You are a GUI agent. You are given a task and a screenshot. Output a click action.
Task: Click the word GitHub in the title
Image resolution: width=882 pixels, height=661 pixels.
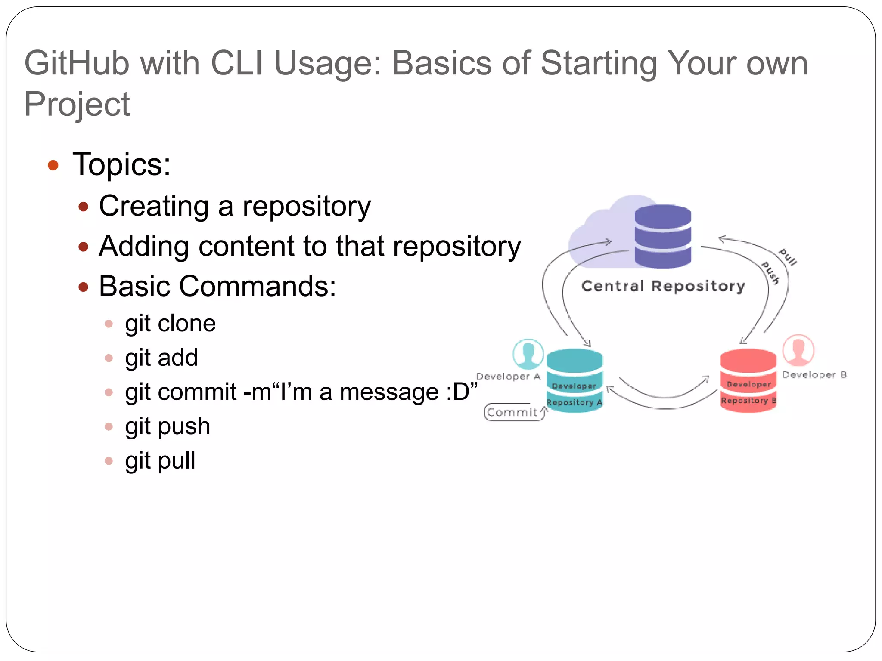point(77,64)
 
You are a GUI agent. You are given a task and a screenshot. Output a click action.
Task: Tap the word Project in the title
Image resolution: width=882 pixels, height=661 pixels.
point(77,105)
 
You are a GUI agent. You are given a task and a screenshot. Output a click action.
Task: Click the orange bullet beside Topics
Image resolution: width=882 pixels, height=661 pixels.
point(53,165)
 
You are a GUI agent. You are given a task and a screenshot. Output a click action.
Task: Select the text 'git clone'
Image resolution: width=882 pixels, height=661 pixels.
point(170,324)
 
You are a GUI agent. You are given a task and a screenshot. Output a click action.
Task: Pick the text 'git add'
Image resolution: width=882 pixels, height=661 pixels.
point(161,358)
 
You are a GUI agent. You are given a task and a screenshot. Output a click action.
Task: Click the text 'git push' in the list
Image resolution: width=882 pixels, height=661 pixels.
point(168,426)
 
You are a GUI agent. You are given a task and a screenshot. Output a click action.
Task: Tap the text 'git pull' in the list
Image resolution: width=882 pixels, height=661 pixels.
point(160,461)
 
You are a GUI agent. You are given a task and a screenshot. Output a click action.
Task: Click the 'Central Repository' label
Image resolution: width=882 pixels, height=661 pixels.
point(663,286)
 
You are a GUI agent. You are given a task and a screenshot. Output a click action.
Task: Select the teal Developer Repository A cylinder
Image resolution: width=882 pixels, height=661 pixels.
point(575,380)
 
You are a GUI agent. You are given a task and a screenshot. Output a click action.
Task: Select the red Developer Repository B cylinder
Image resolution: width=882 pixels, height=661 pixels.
point(748,380)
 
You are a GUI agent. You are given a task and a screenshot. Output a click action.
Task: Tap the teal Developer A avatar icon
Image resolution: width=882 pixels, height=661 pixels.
point(528,354)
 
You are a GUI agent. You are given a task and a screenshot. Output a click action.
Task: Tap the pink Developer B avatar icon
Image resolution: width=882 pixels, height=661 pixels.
point(798,350)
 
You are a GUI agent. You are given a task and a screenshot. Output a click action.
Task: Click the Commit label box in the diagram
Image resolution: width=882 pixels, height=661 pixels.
point(513,412)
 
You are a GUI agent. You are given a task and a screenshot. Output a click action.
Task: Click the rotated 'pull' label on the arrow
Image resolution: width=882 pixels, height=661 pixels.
point(788,257)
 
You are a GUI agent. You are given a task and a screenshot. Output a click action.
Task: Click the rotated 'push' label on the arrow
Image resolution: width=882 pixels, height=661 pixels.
point(770,273)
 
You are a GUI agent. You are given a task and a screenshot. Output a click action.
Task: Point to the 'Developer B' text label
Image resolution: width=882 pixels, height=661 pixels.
point(814,375)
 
